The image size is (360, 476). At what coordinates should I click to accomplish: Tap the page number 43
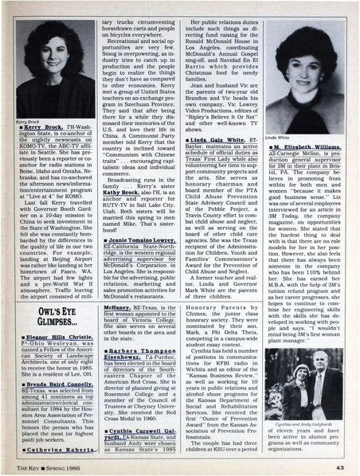pyautogui.click(x=338, y=466)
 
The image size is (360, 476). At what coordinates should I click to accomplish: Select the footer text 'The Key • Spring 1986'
pyautogui.click(x=42, y=466)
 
